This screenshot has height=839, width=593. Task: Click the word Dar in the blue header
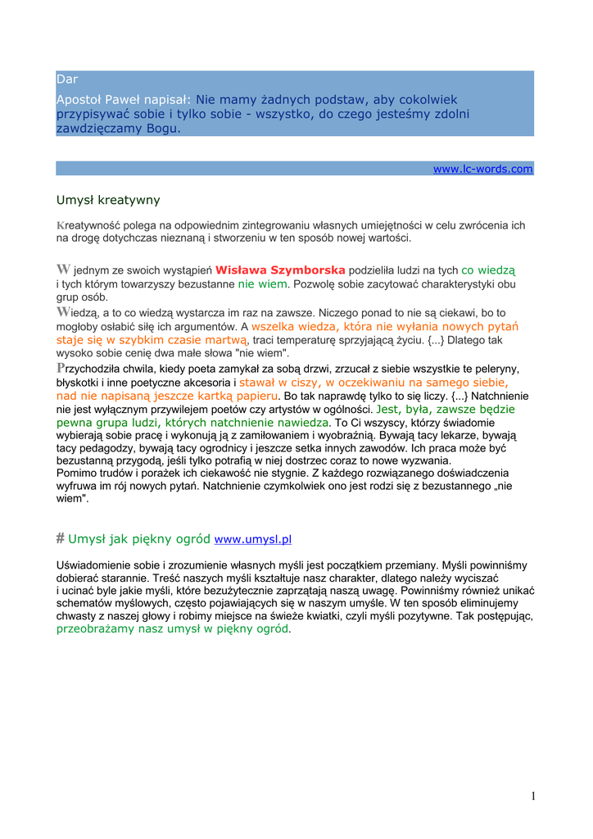[x=66, y=79]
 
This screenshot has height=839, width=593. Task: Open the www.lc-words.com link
[x=482, y=169]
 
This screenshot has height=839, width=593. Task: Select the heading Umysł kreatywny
[x=107, y=200]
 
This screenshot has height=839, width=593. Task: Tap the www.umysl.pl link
[x=252, y=539]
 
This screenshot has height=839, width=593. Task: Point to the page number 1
[x=532, y=796]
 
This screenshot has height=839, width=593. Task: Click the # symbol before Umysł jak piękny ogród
[x=60, y=538]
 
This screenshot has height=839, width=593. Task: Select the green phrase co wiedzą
[x=490, y=270]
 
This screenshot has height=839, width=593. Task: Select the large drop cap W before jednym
[x=63, y=269]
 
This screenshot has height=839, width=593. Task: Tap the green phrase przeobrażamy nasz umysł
[x=128, y=629]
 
